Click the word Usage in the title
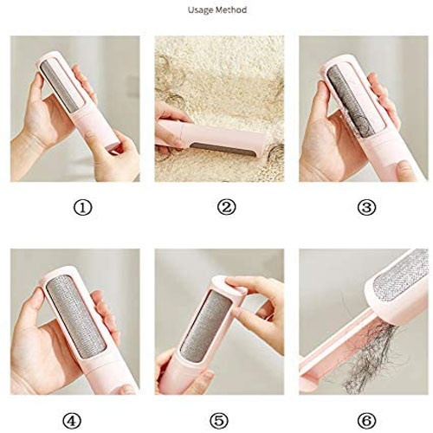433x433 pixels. tap(201, 10)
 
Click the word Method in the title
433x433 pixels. tap(231, 10)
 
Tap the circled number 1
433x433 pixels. tap(83, 208)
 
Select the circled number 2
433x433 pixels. tap(226, 208)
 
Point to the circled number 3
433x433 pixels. tap(366, 208)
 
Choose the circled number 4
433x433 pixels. tap(72, 421)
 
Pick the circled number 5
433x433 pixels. tap(219, 421)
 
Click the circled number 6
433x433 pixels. tap(366, 421)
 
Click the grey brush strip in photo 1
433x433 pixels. tap(60, 86)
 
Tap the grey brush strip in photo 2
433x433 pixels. tap(223, 149)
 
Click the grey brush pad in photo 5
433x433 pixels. tap(205, 326)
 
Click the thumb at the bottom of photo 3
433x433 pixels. tap(406, 171)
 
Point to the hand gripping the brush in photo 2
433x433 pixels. tap(170, 127)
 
